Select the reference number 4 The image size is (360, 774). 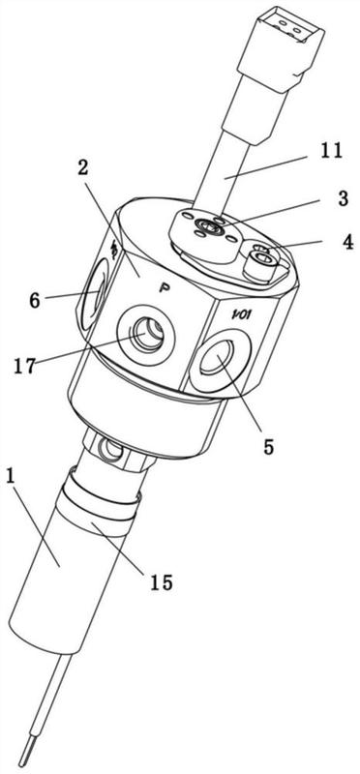(348, 242)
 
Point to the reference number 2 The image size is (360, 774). (82, 167)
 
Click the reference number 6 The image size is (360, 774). (35, 300)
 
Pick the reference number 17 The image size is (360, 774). (24, 366)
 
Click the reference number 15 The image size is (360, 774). (161, 583)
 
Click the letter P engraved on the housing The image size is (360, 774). (163, 288)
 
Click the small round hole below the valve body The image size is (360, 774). (108, 448)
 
